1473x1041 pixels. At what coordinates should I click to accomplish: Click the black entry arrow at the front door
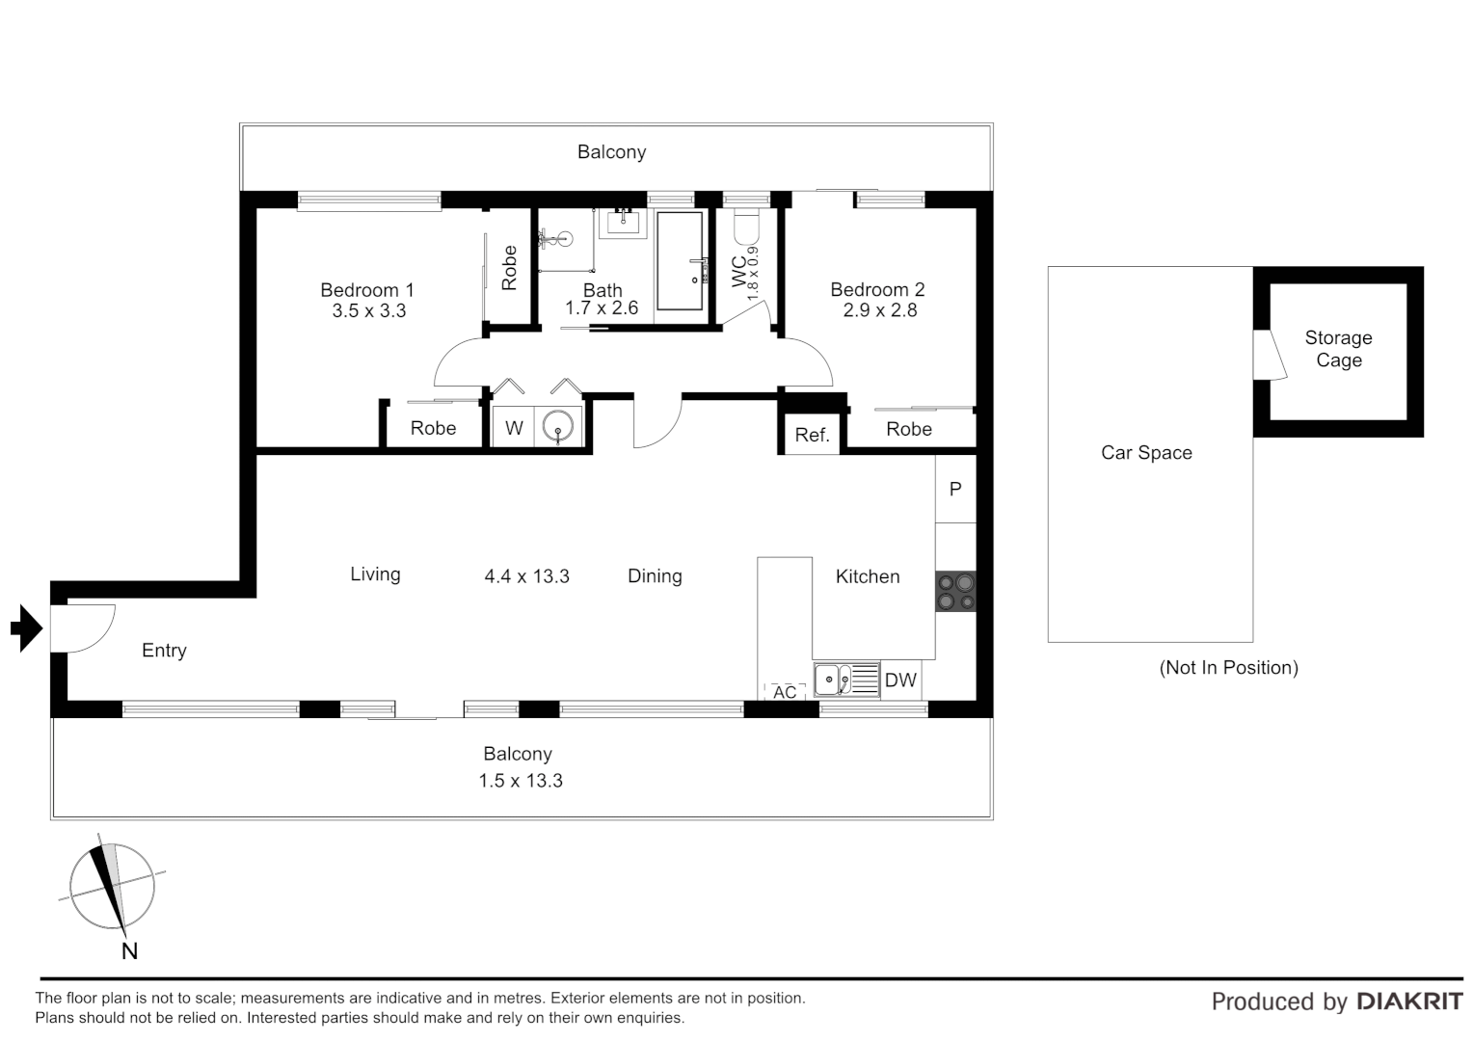27,628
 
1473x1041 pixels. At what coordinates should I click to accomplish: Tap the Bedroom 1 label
366,290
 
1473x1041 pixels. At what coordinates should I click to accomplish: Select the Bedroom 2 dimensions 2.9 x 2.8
879,310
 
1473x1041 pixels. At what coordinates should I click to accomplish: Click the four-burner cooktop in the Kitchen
955,592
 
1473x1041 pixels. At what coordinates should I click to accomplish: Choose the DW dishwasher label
900,681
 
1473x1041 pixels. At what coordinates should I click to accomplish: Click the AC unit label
785,692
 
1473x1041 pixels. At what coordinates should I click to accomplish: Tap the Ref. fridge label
812,435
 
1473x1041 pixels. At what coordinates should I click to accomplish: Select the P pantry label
955,490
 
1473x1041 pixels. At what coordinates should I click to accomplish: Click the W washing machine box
514,428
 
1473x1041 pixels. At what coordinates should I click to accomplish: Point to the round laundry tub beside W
558,426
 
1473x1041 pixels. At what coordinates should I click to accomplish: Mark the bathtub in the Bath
680,260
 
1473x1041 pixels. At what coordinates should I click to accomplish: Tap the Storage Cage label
1338,349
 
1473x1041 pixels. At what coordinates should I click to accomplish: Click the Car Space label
1146,453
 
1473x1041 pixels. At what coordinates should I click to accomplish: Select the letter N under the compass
129,951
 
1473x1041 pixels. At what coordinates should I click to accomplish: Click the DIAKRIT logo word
1408,1001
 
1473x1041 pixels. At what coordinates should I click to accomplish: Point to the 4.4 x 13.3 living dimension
526,576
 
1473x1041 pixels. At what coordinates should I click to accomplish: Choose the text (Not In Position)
1228,667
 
